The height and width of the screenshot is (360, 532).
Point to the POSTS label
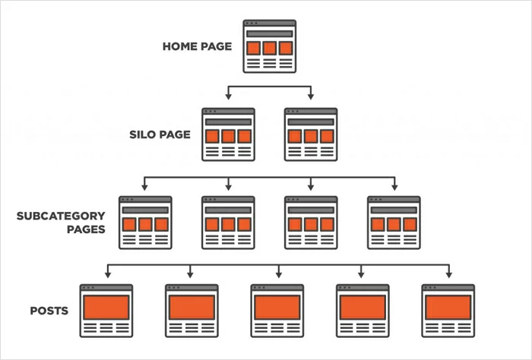coord(50,311)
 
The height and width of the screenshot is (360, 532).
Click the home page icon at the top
coord(269,46)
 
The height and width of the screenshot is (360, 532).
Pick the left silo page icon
coord(228,134)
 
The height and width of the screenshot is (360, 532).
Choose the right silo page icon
coord(311,134)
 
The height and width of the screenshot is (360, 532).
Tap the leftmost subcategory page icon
coord(145,223)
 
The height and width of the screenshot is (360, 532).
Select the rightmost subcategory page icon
coord(394,223)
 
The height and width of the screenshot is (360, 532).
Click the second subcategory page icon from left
coord(228,223)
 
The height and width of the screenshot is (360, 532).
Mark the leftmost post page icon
coord(106,311)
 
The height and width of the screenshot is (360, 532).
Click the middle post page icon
coord(277,311)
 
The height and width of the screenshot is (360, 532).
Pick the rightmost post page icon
coord(448,311)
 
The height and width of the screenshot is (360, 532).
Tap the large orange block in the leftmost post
coord(106,307)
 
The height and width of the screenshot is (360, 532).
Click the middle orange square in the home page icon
coord(269,48)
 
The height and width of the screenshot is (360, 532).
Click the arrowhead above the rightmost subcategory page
coord(394,186)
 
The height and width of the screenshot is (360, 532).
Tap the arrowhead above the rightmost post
coord(448,273)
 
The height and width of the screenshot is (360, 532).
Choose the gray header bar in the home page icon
coord(269,33)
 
